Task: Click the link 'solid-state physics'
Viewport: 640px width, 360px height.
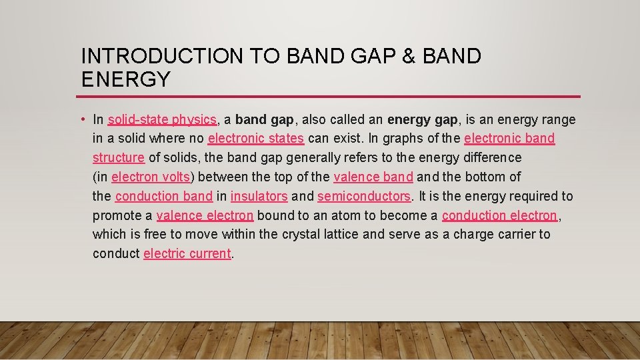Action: pyautogui.click(x=162, y=120)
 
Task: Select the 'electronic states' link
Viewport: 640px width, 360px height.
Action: pyautogui.click(x=256, y=139)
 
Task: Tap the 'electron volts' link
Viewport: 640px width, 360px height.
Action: pyautogui.click(x=151, y=177)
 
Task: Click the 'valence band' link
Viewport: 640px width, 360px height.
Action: pyautogui.click(x=373, y=177)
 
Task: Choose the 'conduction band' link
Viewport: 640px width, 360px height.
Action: pyautogui.click(x=164, y=197)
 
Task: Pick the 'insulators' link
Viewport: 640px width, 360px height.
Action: pyautogui.click(x=259, y=197)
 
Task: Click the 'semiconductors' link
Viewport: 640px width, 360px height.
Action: pyautogui.click(x=365, y=197)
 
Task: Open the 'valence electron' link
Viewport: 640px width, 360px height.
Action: pyautogui.click(x=205, y=215)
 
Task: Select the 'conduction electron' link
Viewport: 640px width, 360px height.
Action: pyautogui.click(x=499, y=215)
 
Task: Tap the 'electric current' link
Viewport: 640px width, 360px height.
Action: pyautogui.click(x=187, y=254)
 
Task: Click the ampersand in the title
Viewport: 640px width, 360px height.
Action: pyautogui.click(x=409, y=57)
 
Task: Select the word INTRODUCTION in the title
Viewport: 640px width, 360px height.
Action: pyautogui.click(x=163, y=57)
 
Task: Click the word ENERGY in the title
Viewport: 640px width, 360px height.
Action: pyautogui.click(x=126, y=79)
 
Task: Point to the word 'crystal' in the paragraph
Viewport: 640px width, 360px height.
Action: pyautogui.click(x=301, y=235)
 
